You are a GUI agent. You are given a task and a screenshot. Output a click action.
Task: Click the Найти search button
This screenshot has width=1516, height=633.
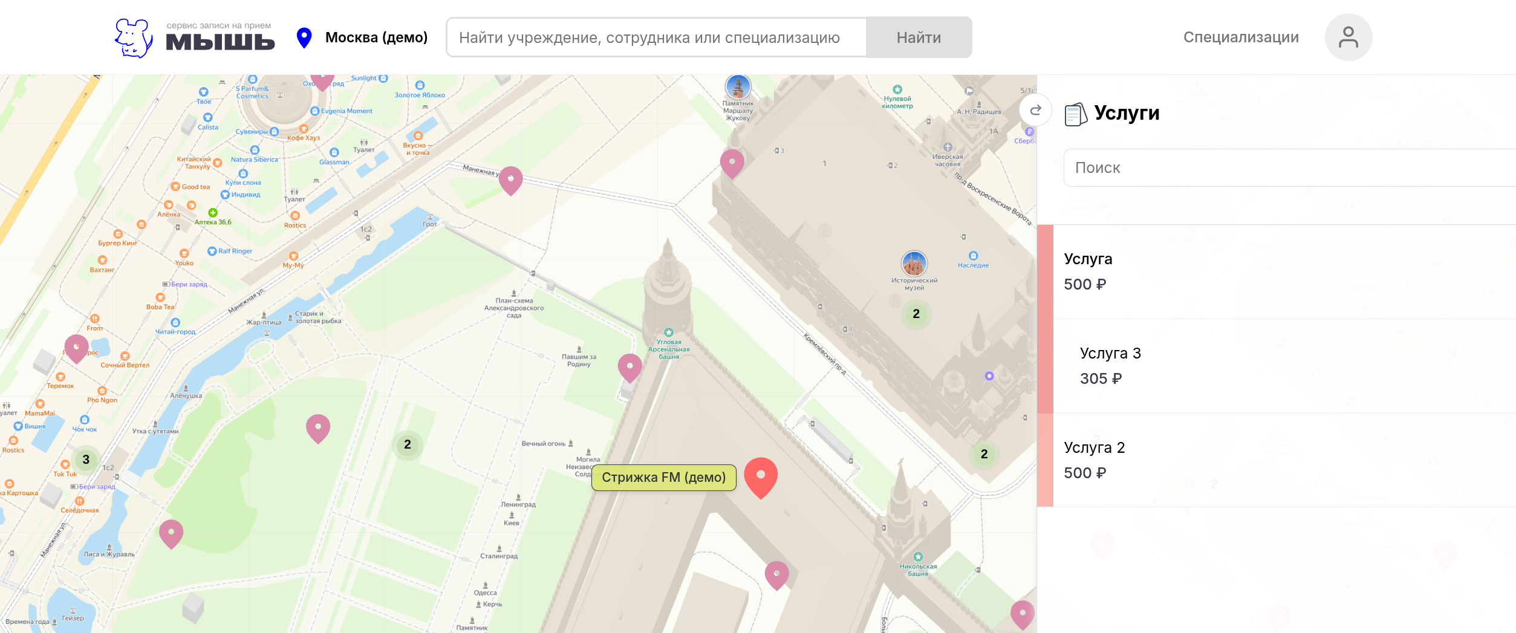pyautogui.click(x=919, y=37)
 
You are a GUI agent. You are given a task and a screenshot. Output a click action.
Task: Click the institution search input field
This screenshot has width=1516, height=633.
pyautogui.click(x=656, y=37)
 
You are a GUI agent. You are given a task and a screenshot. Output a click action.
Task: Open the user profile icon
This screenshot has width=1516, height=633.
pyautogui.click(x=1348, y=37)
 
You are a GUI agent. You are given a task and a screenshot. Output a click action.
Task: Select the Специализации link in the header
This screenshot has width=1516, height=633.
pyautogui.click(x=1240, y=37)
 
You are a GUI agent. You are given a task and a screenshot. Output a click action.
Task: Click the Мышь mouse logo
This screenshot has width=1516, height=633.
pyautogui.click(x=134, y=38)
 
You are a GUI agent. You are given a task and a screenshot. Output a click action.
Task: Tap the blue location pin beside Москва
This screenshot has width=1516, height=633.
pyautogui.click(x=304, y=37)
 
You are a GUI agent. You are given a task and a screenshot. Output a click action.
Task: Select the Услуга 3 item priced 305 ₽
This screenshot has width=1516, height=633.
pyautogui.click(x=1110, y=366)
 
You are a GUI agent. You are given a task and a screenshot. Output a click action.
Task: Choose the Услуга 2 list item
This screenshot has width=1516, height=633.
pyautogui.click(x=1095, y=460)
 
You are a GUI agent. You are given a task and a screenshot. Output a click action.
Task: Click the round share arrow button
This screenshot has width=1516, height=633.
pyautogui.click(x=1035, y=110)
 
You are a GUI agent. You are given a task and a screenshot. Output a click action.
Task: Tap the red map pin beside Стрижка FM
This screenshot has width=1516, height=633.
pyautogui.click(x=760, y=476)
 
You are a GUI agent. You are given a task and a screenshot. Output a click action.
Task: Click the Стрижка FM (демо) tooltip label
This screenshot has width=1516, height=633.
pyautogui.click(x=663, y=478)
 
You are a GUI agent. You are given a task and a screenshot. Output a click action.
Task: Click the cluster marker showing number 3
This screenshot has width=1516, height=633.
pyautogui.click(x=86, y=459)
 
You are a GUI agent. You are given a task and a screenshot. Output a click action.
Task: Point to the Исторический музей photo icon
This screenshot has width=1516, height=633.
pyautogui.click(x=914, y=264)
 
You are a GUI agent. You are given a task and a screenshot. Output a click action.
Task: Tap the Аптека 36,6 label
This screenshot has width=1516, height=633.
pyautogui.click(x=213, y=221)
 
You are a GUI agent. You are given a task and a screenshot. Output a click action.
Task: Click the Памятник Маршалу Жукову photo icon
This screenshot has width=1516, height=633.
pyautogui.click(x=738, y=88)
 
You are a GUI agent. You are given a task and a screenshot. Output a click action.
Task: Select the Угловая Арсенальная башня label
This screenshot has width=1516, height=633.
pyautogui.click(x=668, y=348)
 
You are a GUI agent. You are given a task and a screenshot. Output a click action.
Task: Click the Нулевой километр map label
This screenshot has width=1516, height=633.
pyautogui.click(x=897, y=102)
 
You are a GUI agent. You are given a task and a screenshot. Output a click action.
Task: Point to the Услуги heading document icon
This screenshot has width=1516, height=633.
pyautogui.click(x=1075, y=114)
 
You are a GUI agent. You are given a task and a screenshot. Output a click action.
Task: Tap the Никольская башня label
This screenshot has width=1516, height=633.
pyautogui.click(x=918, y=569)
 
